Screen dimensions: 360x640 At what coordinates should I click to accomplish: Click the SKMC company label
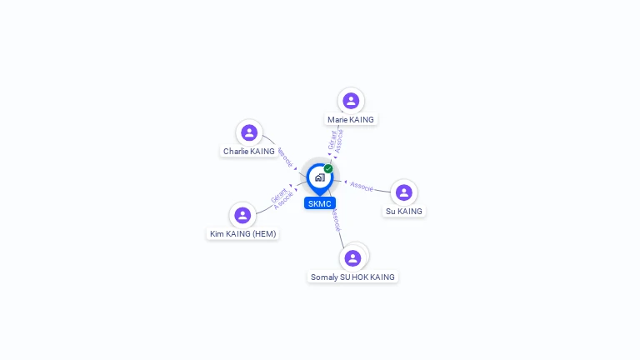click(320, 203)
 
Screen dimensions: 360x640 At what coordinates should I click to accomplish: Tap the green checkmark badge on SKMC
click(328, 169)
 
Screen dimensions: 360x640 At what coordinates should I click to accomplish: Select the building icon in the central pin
click(319, 177)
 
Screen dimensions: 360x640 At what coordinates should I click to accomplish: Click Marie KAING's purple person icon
click(351, 101)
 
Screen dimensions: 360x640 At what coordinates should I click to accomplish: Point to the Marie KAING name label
click(351, 120)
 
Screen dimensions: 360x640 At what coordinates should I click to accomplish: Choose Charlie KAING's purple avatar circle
click(248, 132)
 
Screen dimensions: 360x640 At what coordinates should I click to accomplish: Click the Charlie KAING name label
click(248, 152)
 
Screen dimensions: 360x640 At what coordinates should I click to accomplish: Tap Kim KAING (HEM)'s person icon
click(242, 215)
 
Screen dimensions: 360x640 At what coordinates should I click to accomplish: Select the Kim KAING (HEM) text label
click(242, 234)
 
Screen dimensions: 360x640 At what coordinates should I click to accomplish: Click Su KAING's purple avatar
click(404, 192)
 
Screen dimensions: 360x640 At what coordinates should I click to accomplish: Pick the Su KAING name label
click(404, 212)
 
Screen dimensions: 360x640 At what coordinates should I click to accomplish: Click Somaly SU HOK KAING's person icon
click(352, 258)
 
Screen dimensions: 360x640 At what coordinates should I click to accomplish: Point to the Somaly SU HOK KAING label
click(352, 277)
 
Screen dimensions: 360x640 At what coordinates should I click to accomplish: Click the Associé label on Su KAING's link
click(362, 186)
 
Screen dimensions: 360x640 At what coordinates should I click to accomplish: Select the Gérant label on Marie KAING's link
click(332, 139)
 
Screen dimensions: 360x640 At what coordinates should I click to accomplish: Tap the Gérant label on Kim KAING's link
click(278, 196)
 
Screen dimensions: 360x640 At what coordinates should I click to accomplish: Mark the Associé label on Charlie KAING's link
click(284, 157)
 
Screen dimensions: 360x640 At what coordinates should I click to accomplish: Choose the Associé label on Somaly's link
click(335, 219)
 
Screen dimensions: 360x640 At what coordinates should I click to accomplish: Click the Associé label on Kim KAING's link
click(284, 201)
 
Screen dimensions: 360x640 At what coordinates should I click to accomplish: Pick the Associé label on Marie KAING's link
click(339, 140)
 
